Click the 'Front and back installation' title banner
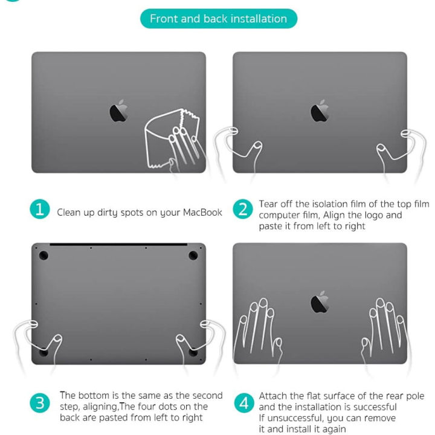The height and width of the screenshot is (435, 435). coord(218,19)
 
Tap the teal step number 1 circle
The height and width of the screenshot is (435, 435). coord(40,210)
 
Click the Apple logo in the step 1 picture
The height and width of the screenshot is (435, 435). coord(118,111)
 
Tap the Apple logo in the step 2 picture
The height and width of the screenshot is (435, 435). coord(320,111)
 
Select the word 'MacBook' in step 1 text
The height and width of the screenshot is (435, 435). coord(203,213)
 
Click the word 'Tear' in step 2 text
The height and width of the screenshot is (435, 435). coord(270,204)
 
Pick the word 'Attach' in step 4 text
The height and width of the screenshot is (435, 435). coord(275,396)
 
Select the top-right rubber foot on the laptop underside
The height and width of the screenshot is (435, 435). coord(193,256)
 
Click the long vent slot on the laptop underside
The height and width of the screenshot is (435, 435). coord(118,245)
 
